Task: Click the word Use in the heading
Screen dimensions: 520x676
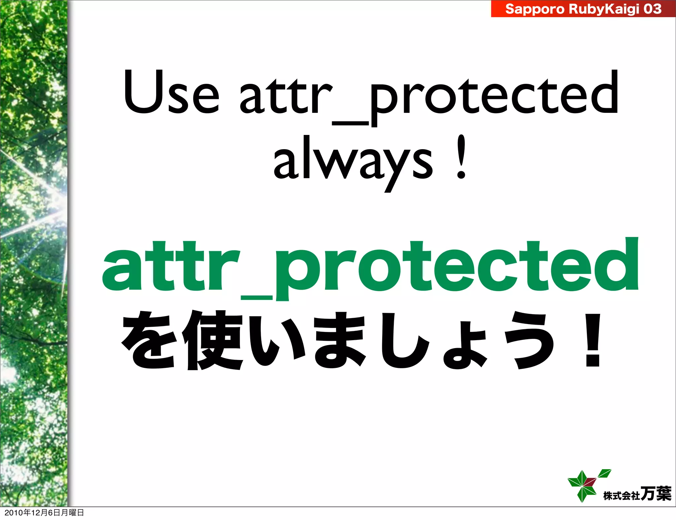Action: coord(171,92)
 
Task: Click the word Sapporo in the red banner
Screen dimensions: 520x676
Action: coord(535,9)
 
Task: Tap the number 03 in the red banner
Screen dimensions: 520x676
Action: coord(652,9)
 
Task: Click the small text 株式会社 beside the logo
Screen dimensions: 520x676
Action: coord(622,496)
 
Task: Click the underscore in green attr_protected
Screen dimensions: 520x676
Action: coord(256,298)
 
